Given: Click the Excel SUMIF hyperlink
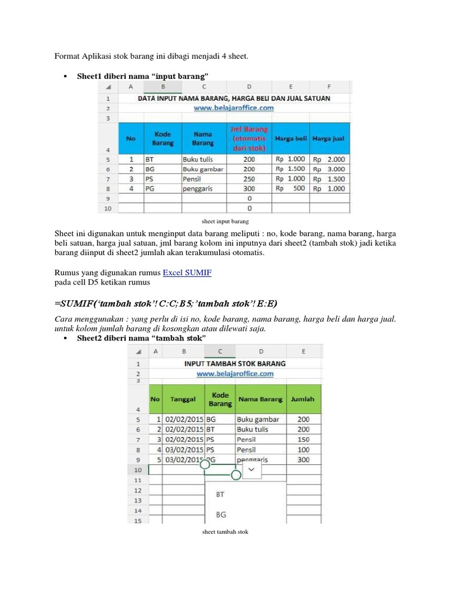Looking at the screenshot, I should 187,272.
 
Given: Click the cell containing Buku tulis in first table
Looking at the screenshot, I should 197,159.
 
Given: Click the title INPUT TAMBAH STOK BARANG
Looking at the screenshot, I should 235,363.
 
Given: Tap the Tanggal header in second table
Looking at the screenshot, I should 183,399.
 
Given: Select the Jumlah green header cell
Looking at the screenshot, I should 303,399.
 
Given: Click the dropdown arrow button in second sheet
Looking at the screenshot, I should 251,470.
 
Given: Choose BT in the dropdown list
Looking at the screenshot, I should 221,495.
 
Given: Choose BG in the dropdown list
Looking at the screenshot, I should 221,514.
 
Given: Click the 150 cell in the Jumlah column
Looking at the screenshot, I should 303,440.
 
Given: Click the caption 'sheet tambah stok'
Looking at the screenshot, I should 225,532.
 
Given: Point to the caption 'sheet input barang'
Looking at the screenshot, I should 225,222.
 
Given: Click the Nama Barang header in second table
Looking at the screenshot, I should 260,399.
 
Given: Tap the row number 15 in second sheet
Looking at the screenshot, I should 138,520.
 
